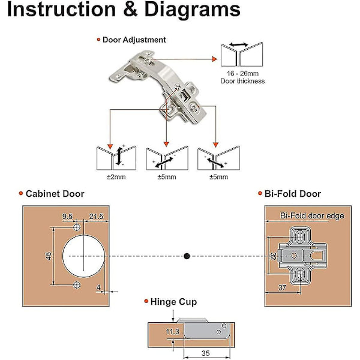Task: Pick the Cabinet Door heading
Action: click(x=55, y=194)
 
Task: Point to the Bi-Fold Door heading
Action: click(x=293, y=194)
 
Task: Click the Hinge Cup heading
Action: click(x=174, y=302)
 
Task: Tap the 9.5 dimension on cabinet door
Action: click(x=67, y=215)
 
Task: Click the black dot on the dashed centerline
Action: click(x=187, y=256)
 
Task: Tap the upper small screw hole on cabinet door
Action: click(x=77, y=229)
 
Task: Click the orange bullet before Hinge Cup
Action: click(x=145, y=302)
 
